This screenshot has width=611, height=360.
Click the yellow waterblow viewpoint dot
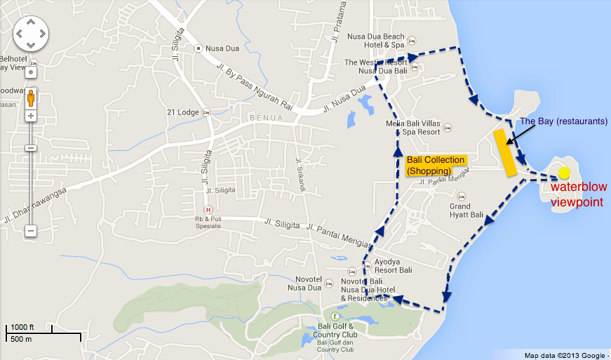[x=565, y=173]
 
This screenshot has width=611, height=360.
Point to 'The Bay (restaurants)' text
[x=563, y=121]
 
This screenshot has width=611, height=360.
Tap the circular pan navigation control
[x=31, y=33]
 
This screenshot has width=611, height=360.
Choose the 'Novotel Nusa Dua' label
[x=304, y=284]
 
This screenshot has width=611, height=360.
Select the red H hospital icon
[x=208, y=210]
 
